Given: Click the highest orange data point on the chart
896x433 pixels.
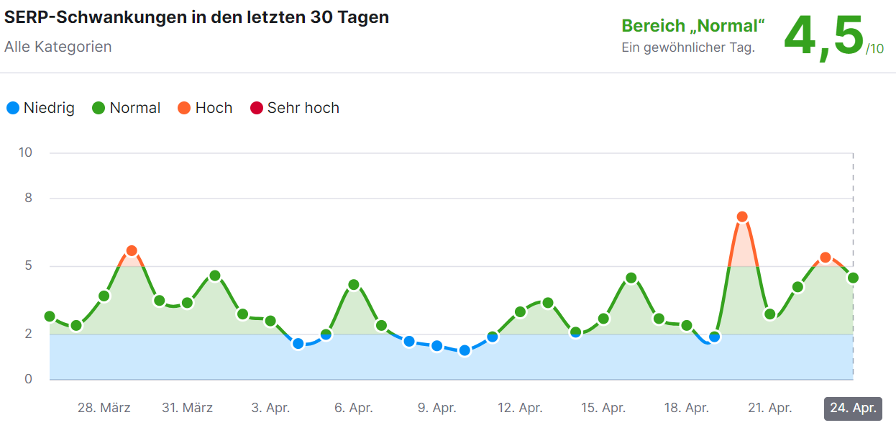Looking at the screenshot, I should (x=742, y=216).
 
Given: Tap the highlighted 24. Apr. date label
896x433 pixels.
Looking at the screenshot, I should (x=853, y=408).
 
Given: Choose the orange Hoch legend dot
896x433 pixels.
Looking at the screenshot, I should (x=184, y=108).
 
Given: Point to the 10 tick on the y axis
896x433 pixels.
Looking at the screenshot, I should (x=26, y=152).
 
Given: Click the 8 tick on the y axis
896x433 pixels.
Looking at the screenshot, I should (x=29, y=198).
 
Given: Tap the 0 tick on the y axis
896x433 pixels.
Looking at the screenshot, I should (x=29, y=379).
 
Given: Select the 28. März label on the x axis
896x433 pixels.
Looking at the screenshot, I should (x=104, y=408).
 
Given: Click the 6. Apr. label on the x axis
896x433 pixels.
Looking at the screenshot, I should (x=354, y=408).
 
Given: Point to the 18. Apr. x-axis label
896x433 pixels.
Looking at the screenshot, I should (x=687, y=408).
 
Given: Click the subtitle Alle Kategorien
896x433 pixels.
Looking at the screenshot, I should (x=58, y=47).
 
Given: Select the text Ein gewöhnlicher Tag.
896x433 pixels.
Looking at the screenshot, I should (x=688, y=48).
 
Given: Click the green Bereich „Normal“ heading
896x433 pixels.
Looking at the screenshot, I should (x=693, y=26).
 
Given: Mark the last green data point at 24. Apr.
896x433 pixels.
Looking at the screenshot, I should (x=853, y=278).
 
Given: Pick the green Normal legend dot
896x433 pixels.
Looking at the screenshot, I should (x=99, y=108).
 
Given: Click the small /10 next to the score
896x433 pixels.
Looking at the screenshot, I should (x=875, y=49).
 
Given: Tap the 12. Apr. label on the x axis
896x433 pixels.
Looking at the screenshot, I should (x=520, y=408).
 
